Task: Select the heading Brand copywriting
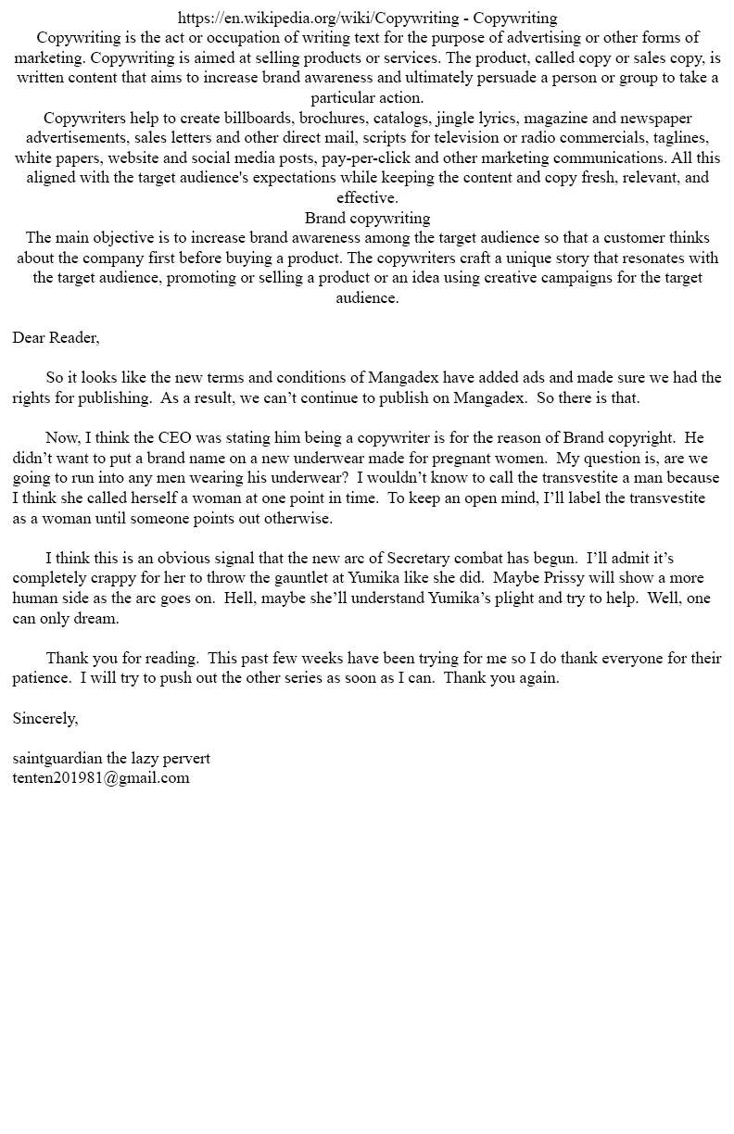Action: click(x=367, y=218)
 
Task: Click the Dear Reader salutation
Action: click(x=56, y=337)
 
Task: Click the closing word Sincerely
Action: click(x=45, y=718)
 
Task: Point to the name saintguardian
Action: click(x=57, y=758)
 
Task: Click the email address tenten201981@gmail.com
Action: click(x=101, y=778)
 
